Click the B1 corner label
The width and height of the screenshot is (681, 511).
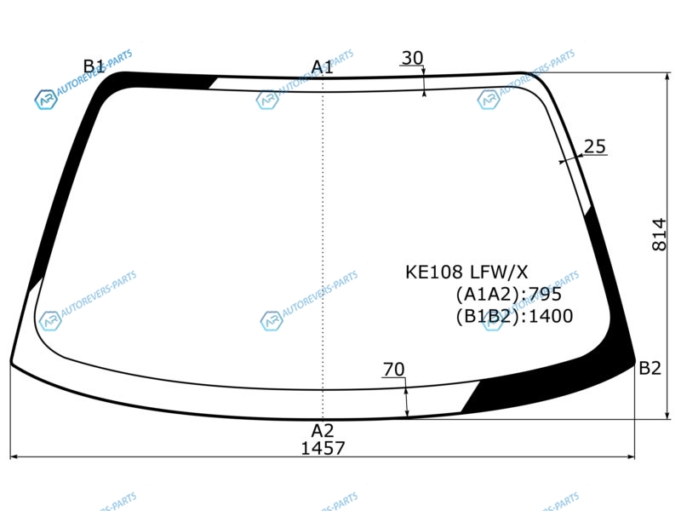[94, 66]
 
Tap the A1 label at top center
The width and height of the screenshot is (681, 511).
[323, 67]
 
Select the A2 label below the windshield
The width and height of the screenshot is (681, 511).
[323, 431]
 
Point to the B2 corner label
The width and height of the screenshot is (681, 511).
[650, 369]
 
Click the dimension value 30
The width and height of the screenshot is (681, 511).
[412, 58]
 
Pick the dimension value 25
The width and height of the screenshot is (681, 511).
[594, 146]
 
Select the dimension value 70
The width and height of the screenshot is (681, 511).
[394, 370]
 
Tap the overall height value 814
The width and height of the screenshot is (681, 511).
[659, 235]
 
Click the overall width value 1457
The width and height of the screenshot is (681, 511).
[323, 448]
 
